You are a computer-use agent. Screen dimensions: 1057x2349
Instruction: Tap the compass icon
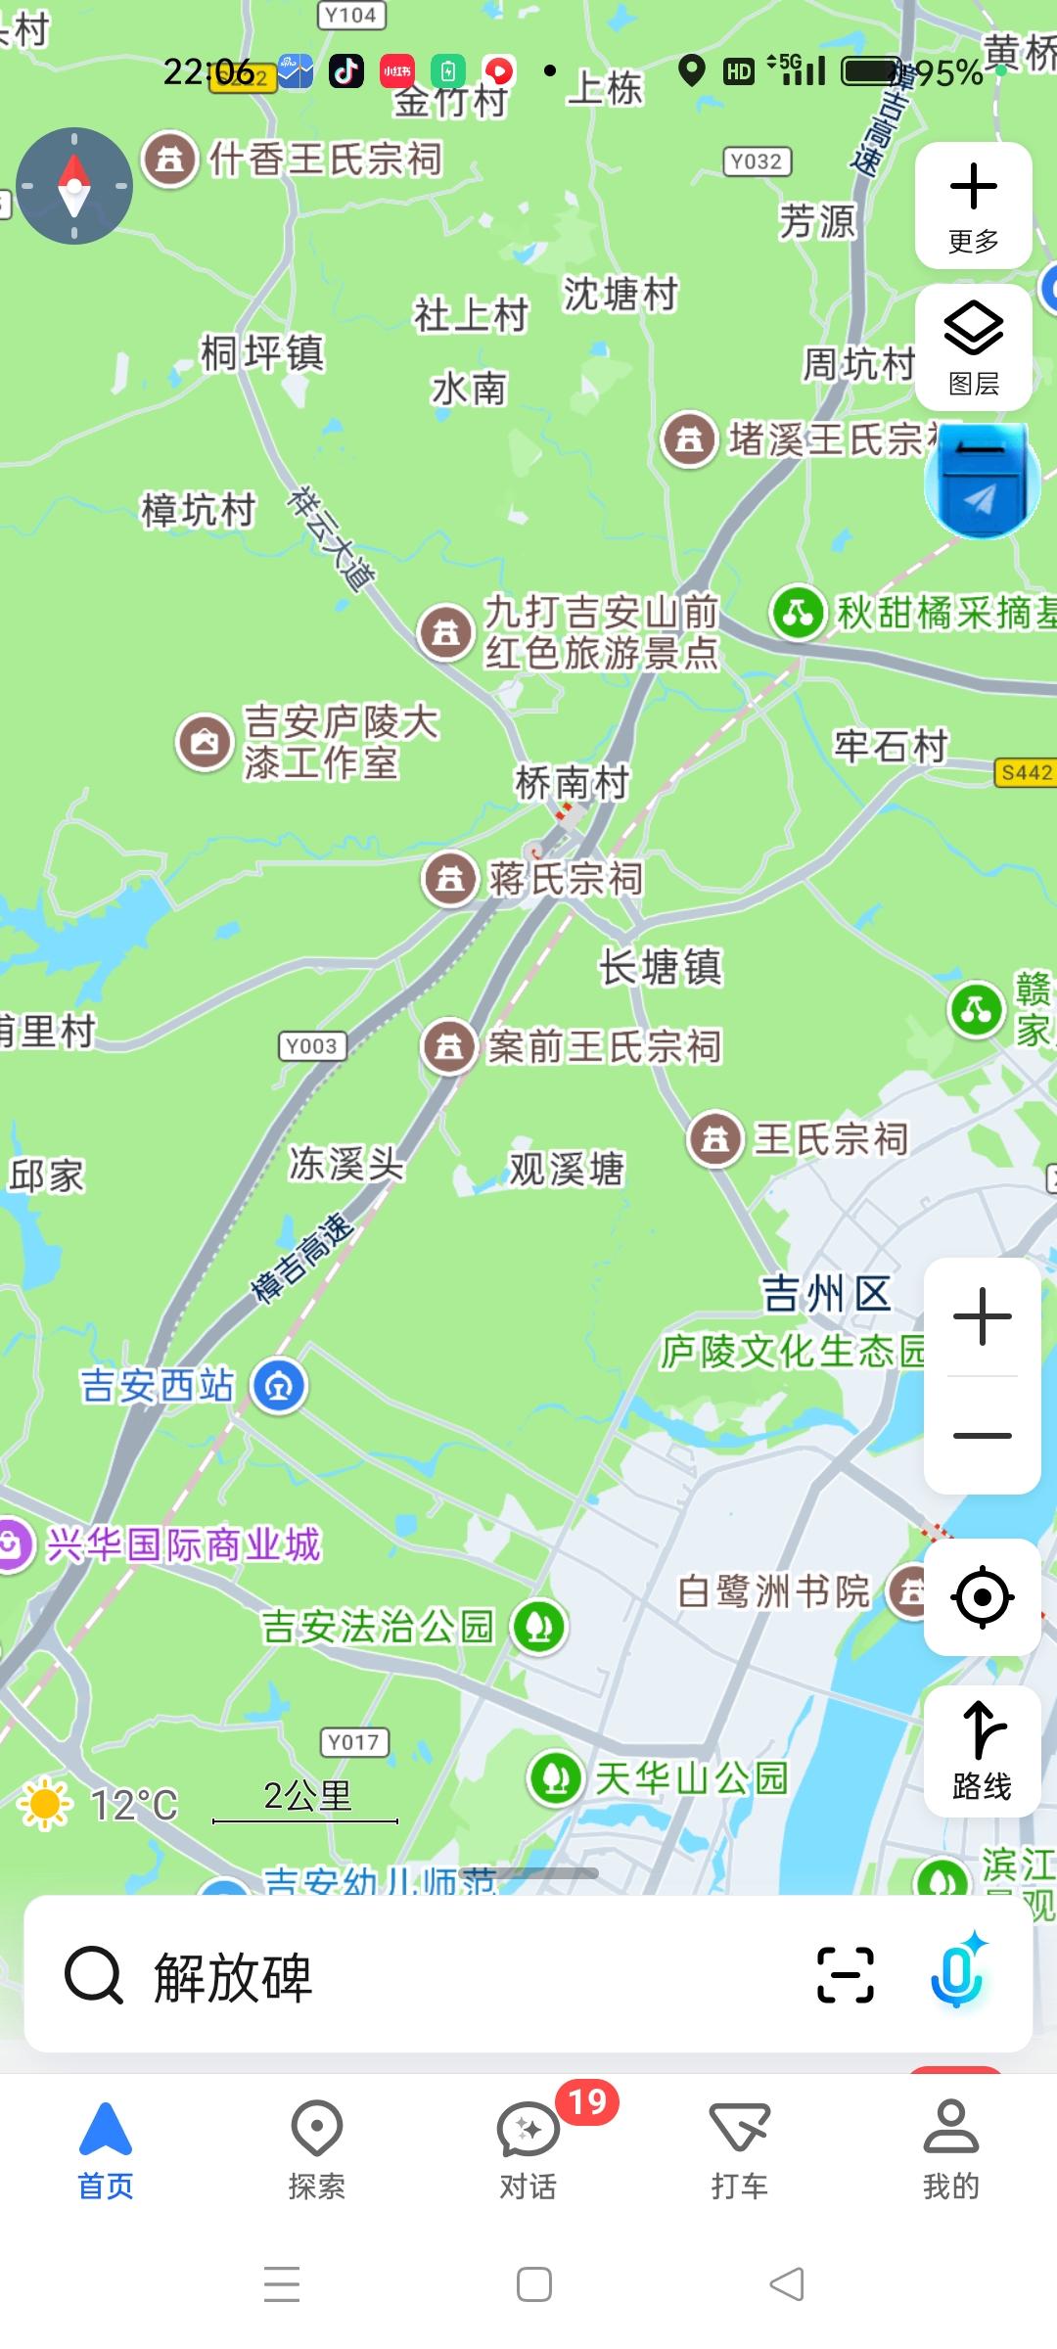point(74,186)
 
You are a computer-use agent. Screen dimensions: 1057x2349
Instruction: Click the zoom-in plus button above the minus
point(982,1316)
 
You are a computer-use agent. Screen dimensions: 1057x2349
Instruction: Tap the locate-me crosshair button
point(982,1597)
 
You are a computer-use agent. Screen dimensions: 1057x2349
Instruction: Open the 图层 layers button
point(973,347)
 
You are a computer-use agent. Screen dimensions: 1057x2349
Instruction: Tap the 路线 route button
point(982,1752)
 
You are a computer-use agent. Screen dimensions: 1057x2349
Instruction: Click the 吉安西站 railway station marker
point(279,1386)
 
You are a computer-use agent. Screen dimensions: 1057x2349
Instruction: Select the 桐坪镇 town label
point(262,352)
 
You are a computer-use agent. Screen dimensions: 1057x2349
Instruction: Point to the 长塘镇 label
point(661,967)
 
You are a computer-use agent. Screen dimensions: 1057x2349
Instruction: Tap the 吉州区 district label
point(827,1294)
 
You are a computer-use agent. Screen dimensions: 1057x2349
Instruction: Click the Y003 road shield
point(311,1045)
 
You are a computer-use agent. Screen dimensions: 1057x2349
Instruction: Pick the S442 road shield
point(1026,772)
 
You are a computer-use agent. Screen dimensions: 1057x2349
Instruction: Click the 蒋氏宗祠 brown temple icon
point(450,879)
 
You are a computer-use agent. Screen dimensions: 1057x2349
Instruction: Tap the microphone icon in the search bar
point(957,1975)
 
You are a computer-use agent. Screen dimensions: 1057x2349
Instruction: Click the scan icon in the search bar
point(845,1975)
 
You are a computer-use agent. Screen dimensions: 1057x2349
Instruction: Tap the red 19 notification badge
point(587,2101)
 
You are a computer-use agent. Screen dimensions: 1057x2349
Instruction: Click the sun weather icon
point(45,1804)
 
